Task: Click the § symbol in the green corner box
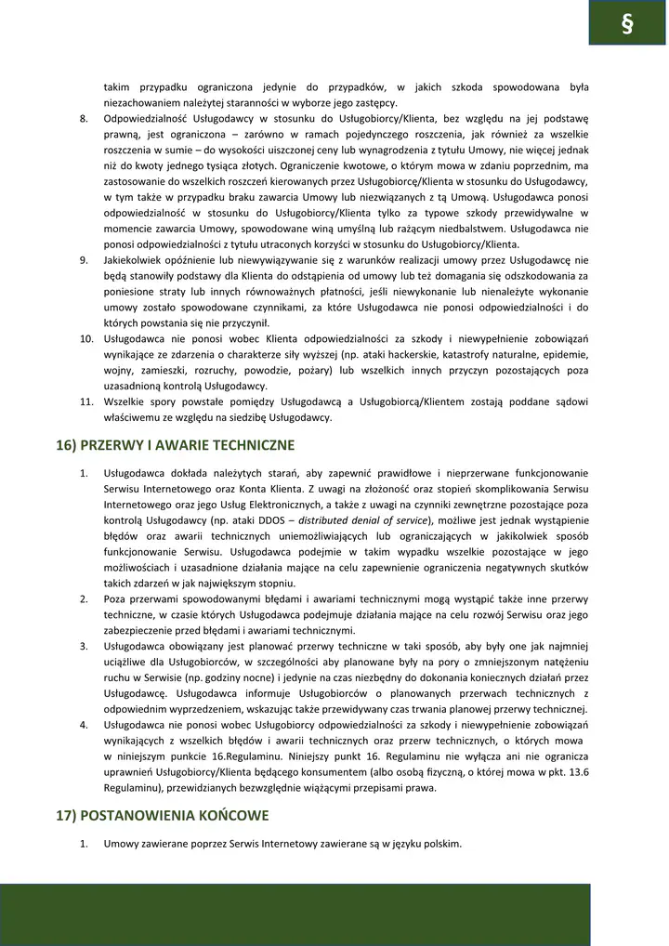[626, 24]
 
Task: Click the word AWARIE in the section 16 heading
[175, 445]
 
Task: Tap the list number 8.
[84, 118]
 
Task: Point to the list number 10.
[85, 339]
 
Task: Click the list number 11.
[85, 401]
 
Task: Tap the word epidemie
[566, 355]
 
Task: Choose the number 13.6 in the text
[578, 772]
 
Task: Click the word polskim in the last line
[439, 844]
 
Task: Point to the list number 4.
[84, 725]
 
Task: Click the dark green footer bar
[295, 914]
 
